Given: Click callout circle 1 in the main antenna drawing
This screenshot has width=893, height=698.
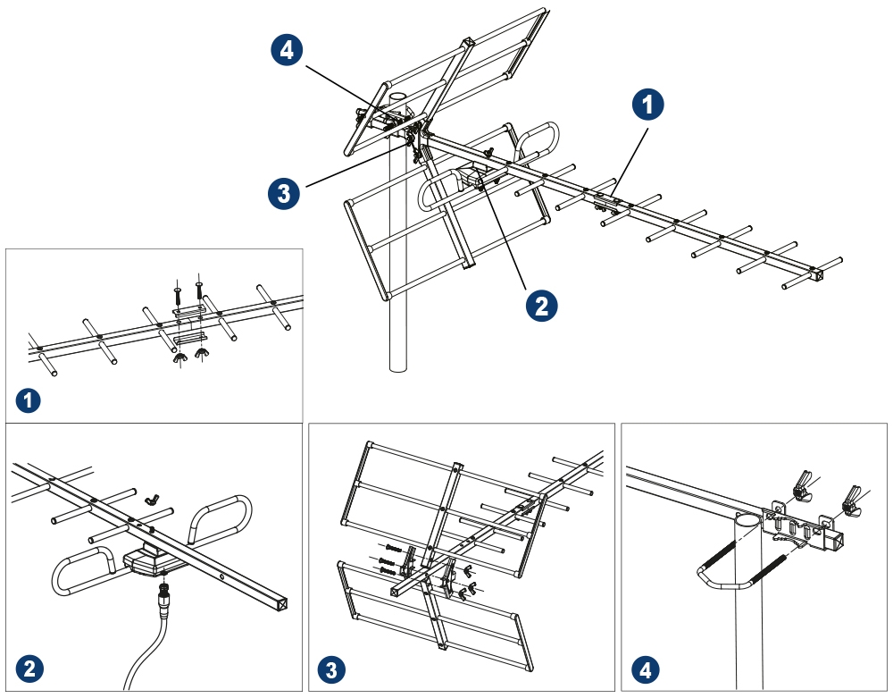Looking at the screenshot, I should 648,105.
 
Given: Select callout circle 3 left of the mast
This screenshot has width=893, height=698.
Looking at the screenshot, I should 284,193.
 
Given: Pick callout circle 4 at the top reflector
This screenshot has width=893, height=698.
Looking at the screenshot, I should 286,51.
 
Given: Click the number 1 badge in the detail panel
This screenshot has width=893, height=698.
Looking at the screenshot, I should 30,400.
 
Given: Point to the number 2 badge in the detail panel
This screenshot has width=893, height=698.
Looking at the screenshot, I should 30,669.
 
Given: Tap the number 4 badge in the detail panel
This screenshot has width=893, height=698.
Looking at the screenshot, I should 645,669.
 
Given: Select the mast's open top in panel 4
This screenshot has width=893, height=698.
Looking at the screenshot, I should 747,518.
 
